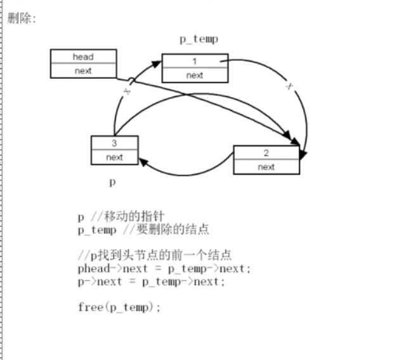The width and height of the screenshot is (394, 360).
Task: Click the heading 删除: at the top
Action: (x=22, y=18)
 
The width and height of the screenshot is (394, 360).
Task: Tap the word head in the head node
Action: (x=82, y=57)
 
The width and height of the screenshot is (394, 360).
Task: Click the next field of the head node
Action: (x=82, y=70)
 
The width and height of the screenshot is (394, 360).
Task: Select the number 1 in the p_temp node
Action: (x=194, y=61)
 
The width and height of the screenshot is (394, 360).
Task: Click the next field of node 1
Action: (x=194, y=75)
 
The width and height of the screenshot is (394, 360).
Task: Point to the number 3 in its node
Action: (x=114, y=143)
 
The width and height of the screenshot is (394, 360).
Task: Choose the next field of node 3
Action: (x=114, y=157)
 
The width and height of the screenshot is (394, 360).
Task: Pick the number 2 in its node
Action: (x=266, y=153)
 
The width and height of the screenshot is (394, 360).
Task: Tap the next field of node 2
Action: (x=266, y=167)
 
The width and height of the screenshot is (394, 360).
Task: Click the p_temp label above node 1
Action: (x=199, y=39)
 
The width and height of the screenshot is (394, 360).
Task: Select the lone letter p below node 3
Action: (x=112, y=182)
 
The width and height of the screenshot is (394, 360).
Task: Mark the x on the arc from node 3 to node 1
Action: (x=126, y=92)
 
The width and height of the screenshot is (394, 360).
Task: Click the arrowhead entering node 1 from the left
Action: (x=156, y=62)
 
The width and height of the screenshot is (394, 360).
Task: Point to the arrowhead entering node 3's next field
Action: (x=143, y=163)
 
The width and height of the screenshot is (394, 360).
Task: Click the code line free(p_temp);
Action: (x=119, y=307)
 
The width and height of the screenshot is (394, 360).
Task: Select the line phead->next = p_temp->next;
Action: (x=164, y=268)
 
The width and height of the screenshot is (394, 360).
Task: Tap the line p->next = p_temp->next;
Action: (x=151, y=281)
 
